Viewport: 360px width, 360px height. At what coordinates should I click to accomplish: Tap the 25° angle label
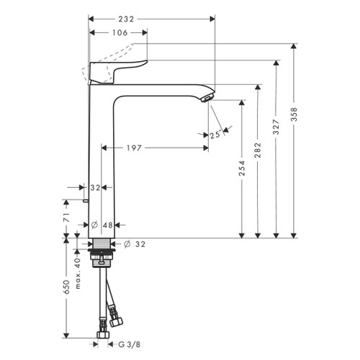(215, 135)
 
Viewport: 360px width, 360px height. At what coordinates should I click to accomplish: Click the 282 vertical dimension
(258, 150)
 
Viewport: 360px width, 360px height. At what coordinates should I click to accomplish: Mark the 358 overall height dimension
(295, 115)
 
